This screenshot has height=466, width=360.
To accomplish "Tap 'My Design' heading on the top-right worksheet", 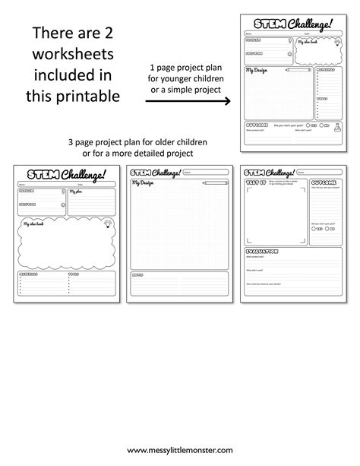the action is point(257,71).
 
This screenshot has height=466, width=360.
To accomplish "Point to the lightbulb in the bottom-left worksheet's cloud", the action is point(107,222).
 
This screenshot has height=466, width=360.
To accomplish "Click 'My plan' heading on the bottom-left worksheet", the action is point(79,193).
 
